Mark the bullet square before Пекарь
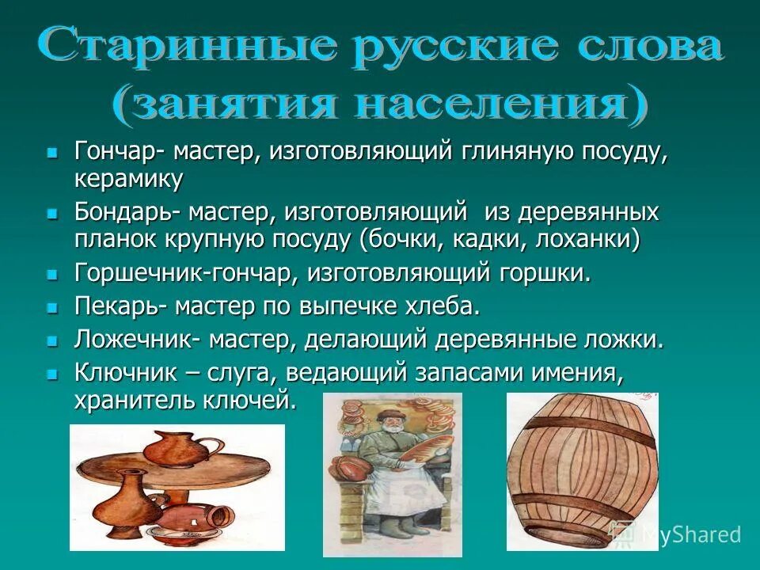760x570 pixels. coord(53,306)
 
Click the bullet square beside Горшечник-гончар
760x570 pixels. coord(53,274)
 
